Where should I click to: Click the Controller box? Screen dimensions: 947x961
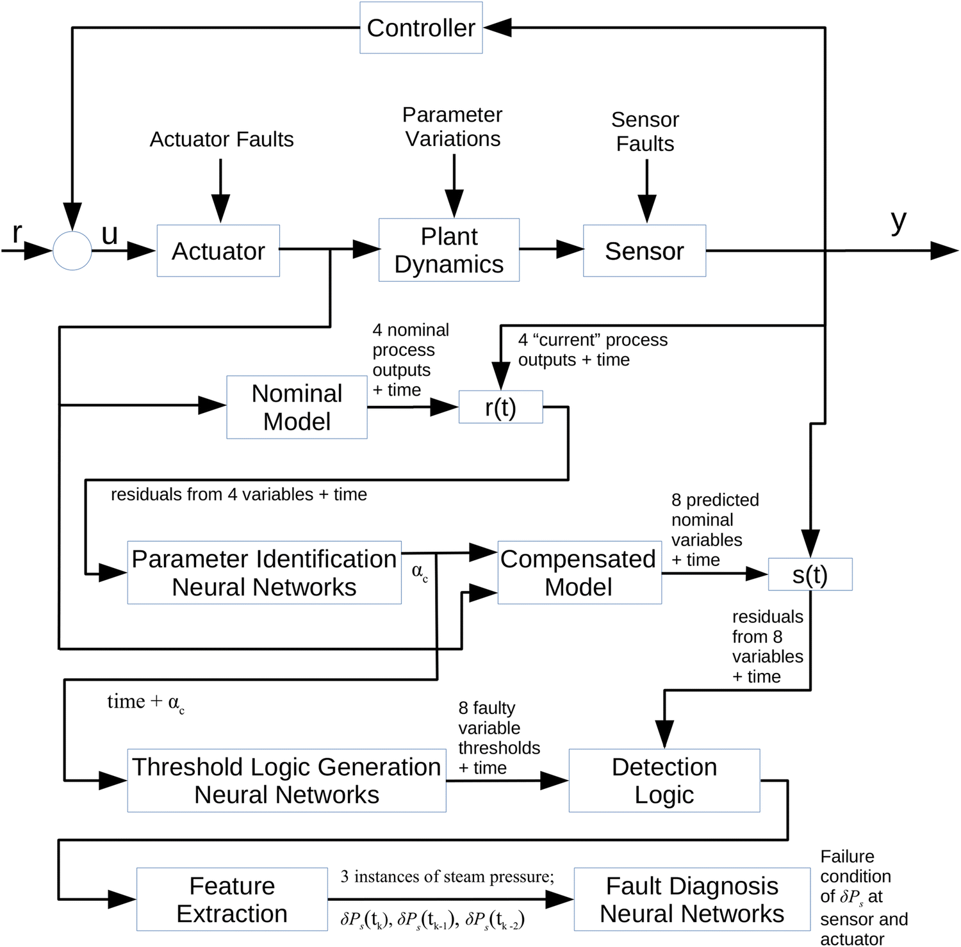coord(421,28)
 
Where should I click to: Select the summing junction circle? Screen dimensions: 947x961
coord(72,250)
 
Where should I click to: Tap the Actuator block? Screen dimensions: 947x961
coord(218,251)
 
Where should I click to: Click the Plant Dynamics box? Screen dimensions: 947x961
coord(448,250)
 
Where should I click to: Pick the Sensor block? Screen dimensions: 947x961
coord(644,251)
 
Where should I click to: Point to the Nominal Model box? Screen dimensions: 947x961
coord(297,407)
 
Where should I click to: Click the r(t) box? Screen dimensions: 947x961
coord(500,407)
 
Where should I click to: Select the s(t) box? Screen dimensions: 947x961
coord(810,574)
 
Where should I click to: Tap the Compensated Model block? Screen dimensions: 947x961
coord(579,573)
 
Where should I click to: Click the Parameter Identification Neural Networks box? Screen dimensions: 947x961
coord(264,573)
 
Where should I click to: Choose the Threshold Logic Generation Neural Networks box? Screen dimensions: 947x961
coord(286,781)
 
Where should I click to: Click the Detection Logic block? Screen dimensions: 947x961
coord(664,781)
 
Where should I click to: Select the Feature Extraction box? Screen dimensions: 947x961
coord(232,900)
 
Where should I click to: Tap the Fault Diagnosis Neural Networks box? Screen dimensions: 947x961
coord(692,900)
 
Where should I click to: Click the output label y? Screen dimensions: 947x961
coord(898,222)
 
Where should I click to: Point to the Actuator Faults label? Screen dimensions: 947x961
coord(222,139)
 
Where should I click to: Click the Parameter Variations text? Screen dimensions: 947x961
coord(452,127)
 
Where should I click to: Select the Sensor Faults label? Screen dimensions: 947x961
coord(645,131)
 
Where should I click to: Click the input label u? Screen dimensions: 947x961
coord(110,234)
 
